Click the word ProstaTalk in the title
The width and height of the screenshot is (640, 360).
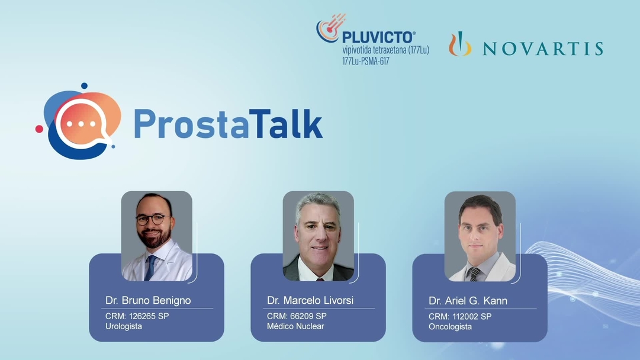tap(228, 123)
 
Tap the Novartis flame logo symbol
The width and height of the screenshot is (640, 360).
tap(460, 45)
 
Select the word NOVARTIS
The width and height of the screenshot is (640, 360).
tap(543, 49)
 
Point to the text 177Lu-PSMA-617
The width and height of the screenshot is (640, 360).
tap(365, 61)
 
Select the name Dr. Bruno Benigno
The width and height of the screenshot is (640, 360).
tap(148, 300)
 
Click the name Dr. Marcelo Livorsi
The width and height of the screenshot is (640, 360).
tap(310, 300)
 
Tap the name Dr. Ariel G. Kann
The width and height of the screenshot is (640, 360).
tap(468, 301)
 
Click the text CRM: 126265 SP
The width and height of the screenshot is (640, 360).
tap(137, 316)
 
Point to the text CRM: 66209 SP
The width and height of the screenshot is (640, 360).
tap(297, 316)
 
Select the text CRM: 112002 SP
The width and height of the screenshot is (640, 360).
tap(460, 317)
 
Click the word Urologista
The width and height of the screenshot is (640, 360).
tap(124, 326)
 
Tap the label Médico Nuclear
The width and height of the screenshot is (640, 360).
tap(295, 326)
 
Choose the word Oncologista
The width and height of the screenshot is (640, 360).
tap(450, 327)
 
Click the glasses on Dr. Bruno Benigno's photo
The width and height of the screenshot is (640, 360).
tap(150, 219)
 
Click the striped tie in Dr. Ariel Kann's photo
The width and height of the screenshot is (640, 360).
tap(474, 274)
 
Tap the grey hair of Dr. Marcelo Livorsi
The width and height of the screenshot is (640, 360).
tap(318, 202)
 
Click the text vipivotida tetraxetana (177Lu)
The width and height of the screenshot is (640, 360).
tap(385, 50)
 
